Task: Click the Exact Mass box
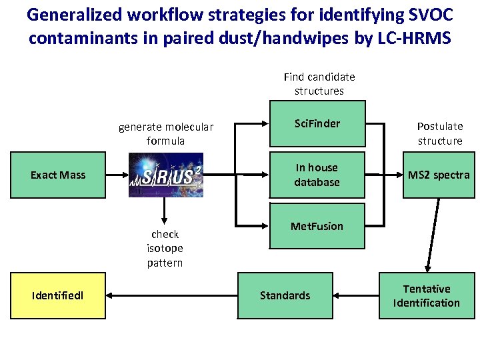pos(58,175)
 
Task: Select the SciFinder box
pos(317,124)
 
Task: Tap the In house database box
pos(317,175)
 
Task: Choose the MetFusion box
pos(317,227)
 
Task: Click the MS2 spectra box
pos(439,175)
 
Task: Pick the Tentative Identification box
pos(427,296)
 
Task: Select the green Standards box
pos(285,296)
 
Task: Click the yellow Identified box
pos(58,296)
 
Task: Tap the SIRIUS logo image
pos(166,175)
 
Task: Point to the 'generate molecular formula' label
pos(166,133)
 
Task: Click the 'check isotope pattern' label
pos(165,248)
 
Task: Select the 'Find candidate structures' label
pos(319,83)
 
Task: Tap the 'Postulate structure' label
pos(440,133)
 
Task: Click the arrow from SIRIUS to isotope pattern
pos(161,211)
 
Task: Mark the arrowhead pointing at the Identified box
pos(111,296)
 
